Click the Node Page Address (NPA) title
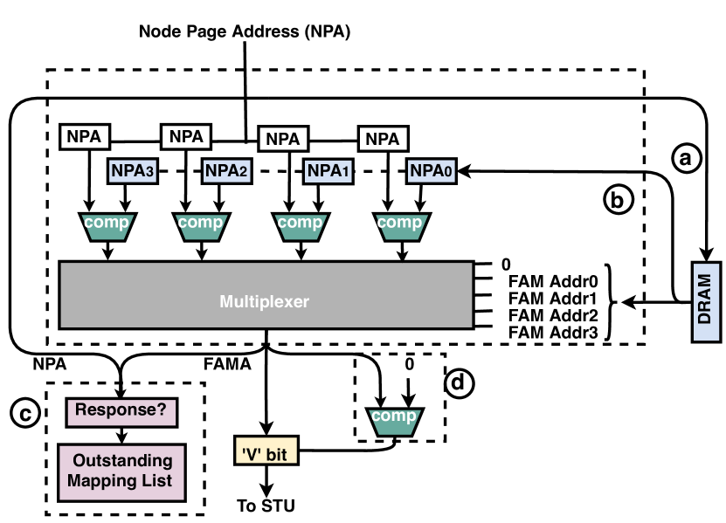[245, 31]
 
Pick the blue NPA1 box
[326, 171]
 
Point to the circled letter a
[686, 158]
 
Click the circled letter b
[618, 200]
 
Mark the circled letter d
[460, 382]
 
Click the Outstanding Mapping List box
[122, 471]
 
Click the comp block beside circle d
[393, 417]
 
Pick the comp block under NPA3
[107, 224]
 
